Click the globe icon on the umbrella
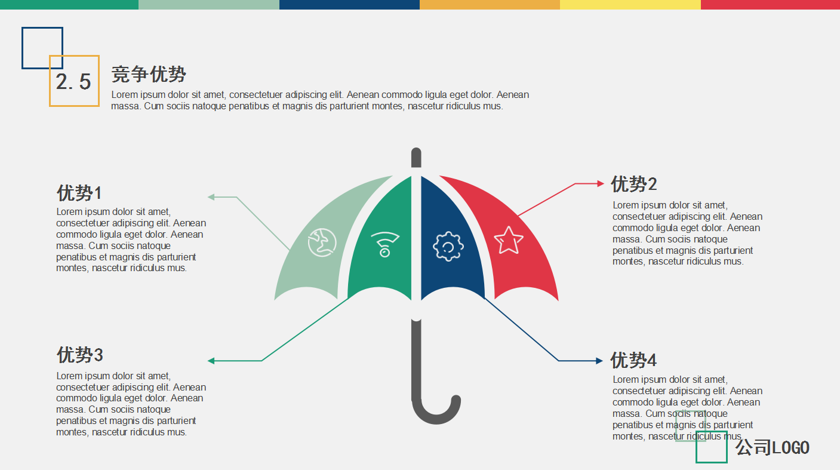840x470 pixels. [x=322, y=242]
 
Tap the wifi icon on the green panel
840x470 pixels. [x=384, y=244]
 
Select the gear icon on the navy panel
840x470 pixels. [x=448, y=246]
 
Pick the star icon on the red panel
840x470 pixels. [x=509, y=240]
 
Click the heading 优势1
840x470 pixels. [x=79, y=193]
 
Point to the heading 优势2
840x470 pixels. [x=634, y=184]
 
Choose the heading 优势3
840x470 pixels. [x=79, y=355]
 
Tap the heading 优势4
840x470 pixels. [x=633, y=360]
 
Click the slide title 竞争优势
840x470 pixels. [x=149, y=74]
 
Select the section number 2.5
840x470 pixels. [x=73, y=81]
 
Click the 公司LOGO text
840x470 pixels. [x=772, y=447]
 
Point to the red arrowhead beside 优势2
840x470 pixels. [x=601, y=183]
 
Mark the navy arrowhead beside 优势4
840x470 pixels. [x=599, y=361]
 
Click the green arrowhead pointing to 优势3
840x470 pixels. [x=211, y=361]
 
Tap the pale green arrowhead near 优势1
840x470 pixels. [x=211, y=197]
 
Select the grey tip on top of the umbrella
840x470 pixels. [x=416, y=158]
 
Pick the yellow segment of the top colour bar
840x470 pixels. [x=630, y=5]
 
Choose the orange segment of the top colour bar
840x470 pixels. [x=490, y=5]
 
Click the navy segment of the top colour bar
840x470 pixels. [x=349, y=5]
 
